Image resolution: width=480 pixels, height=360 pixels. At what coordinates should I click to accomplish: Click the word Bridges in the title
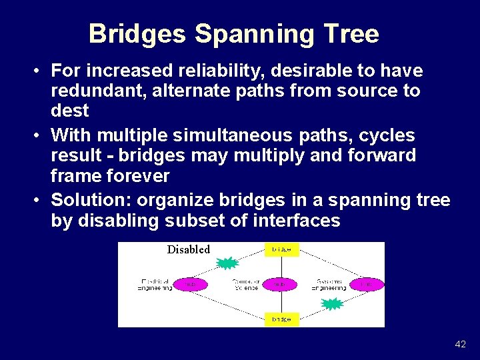137,34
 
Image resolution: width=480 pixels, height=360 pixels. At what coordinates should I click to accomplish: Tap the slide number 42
460,344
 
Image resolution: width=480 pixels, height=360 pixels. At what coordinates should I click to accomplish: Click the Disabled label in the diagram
188,249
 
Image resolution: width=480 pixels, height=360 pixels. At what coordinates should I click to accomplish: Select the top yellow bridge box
281,250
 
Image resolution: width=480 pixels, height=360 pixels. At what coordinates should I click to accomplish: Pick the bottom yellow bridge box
281,319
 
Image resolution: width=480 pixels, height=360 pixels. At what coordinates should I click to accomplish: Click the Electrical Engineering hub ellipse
190,284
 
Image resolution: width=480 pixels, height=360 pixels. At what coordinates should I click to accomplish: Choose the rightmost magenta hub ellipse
367,284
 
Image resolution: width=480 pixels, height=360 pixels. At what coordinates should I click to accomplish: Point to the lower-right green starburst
332,304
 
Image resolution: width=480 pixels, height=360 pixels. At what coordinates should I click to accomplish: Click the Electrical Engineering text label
154,284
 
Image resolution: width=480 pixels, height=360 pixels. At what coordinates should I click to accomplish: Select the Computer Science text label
245,284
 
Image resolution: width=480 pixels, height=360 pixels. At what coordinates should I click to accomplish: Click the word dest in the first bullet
69,109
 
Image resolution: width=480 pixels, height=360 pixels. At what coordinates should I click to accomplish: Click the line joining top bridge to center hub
281,267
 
